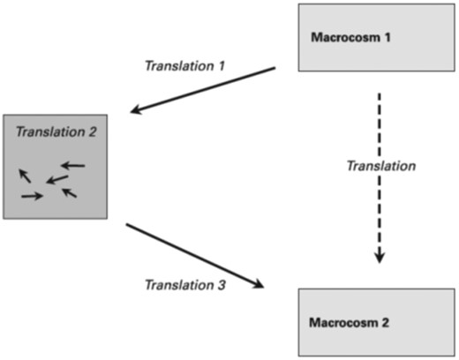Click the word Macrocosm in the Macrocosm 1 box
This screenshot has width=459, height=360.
346,37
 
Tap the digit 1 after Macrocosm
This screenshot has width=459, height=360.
388,37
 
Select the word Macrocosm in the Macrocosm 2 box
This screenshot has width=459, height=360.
343,323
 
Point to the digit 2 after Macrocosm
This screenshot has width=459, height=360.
386,323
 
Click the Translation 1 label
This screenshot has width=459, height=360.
185,65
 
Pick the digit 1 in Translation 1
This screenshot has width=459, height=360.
222,66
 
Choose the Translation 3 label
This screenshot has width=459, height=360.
185,285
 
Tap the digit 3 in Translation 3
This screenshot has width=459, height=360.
222,285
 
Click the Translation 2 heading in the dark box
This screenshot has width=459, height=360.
56,131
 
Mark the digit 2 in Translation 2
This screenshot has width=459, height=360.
93,131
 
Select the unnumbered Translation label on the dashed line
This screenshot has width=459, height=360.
381,166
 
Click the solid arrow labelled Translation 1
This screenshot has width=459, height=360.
203,90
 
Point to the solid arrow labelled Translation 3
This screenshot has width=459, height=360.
195,256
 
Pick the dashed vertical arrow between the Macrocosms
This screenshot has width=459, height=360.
380,178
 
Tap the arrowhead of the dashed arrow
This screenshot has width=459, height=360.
380,257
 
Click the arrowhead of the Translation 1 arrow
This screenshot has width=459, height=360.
136,109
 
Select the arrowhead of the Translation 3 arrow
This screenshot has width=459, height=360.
258,284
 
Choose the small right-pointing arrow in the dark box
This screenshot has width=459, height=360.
33,196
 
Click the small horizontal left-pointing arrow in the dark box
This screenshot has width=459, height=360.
73,166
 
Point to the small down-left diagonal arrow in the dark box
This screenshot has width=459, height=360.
57,179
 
